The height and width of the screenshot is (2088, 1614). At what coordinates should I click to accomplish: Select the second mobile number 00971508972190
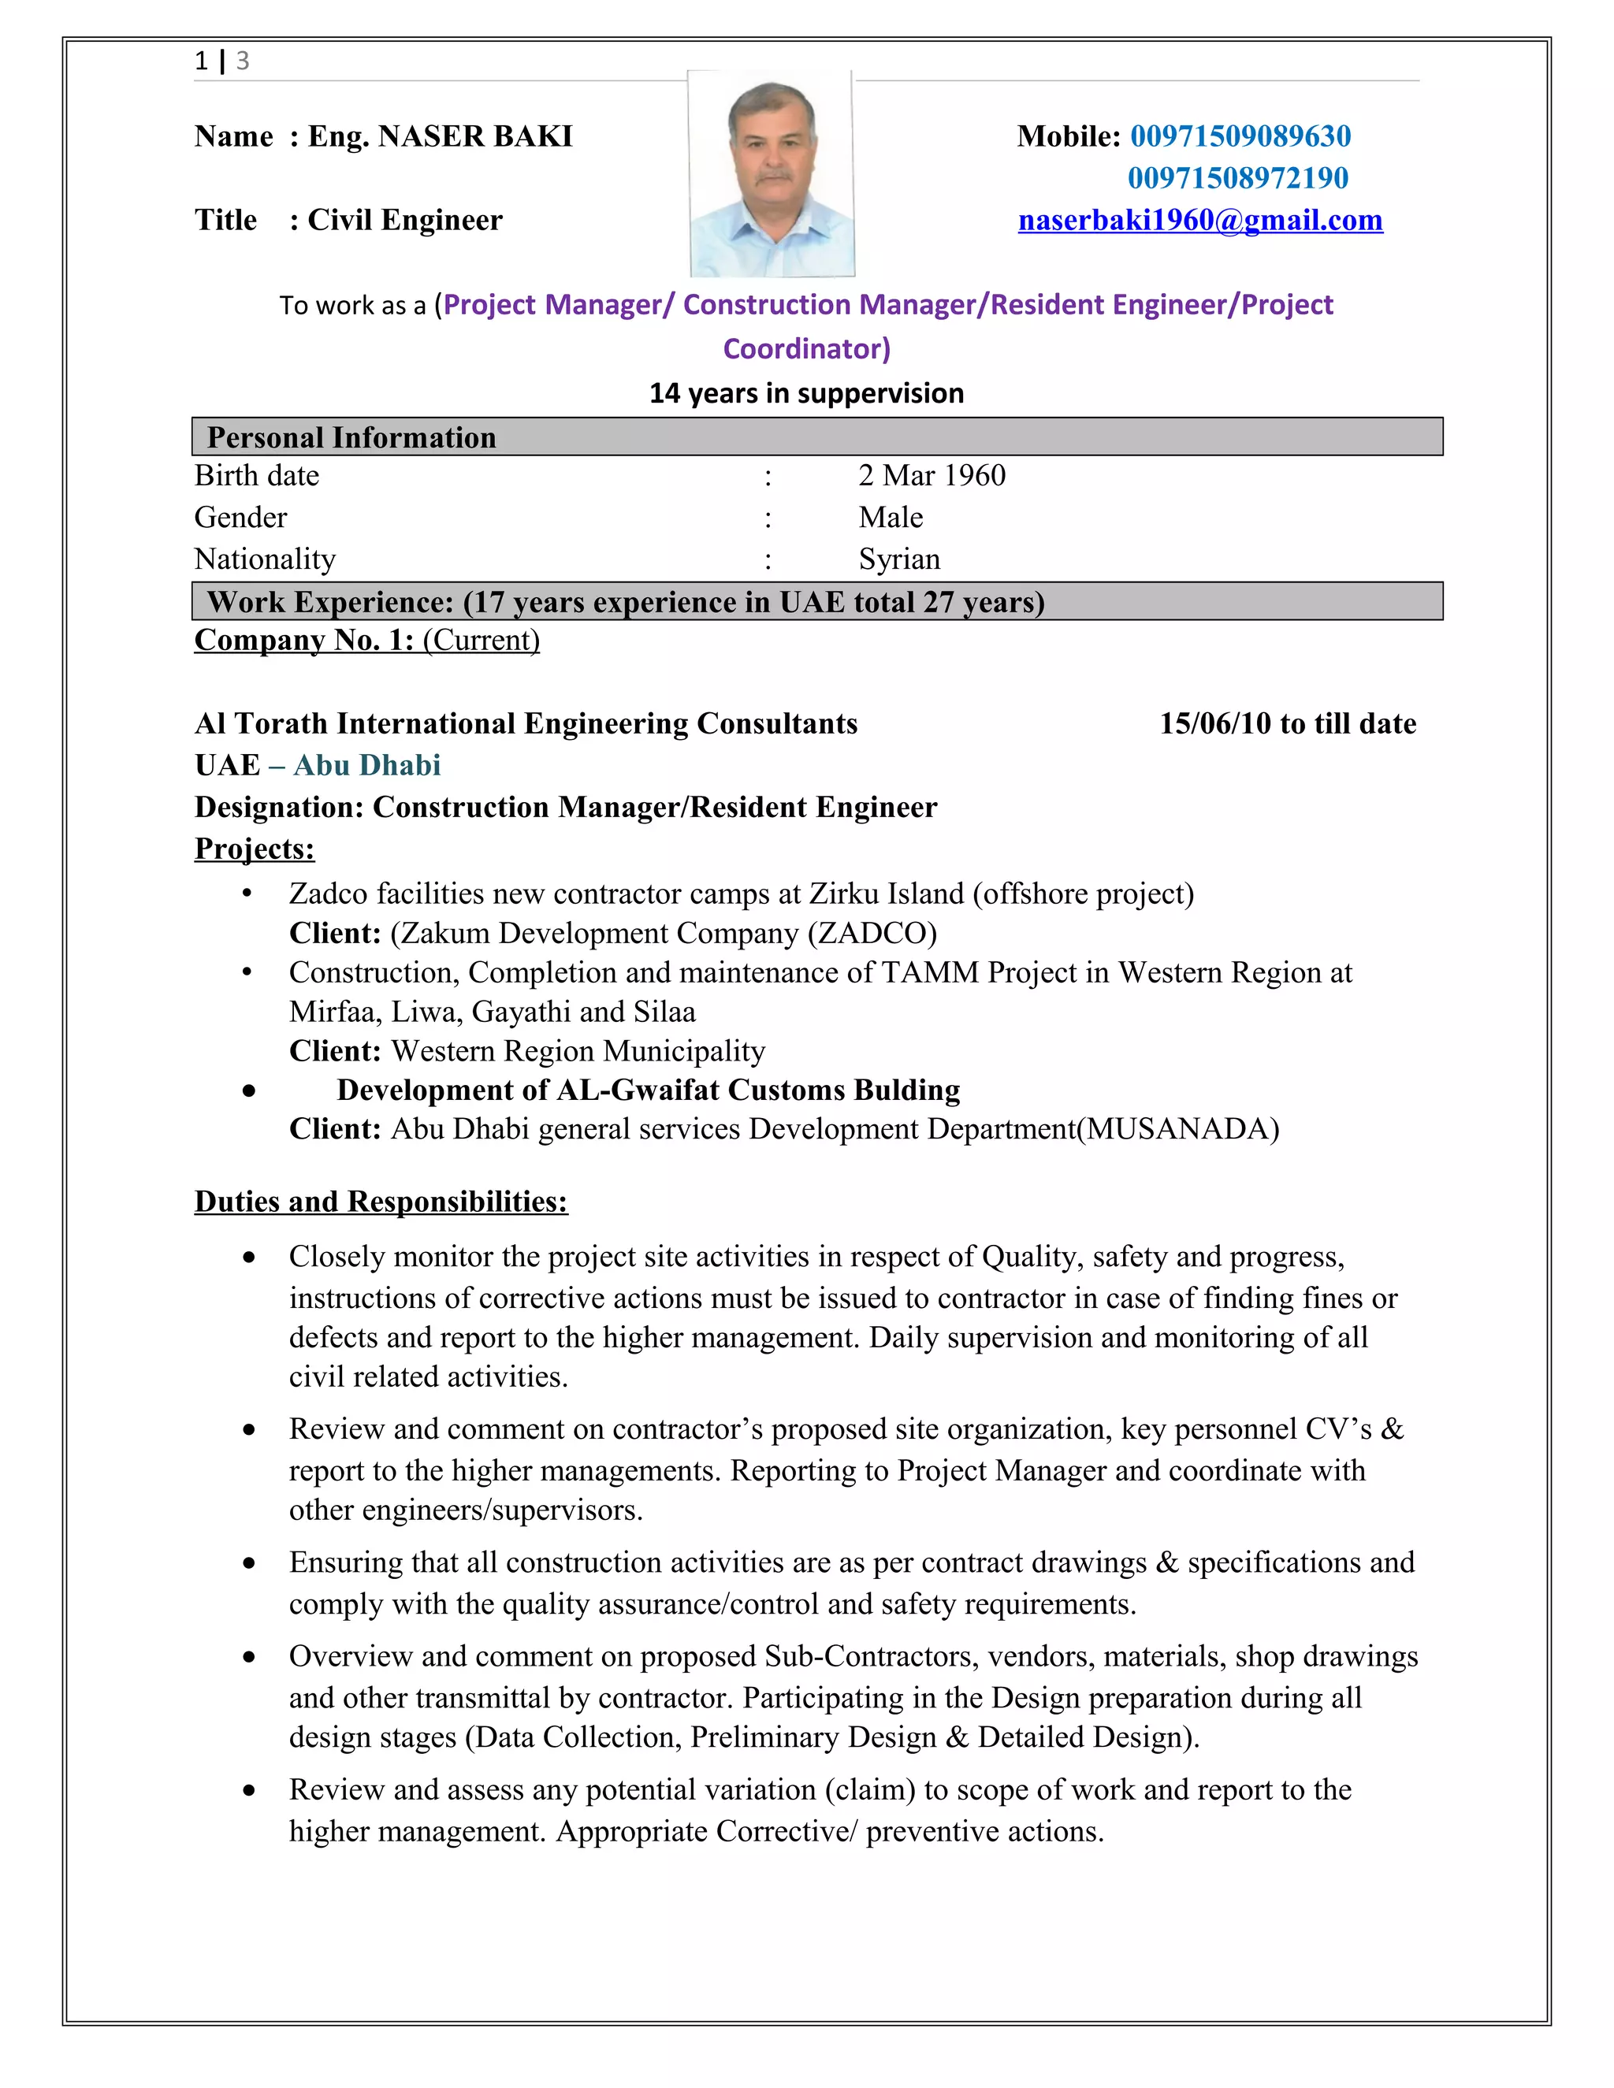[x=1237, y=178]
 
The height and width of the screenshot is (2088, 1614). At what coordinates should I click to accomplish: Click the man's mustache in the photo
[x=774, y=176]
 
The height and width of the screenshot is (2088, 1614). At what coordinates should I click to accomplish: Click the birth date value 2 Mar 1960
[x=932, y=475]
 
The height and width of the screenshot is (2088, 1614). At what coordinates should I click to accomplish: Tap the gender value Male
[x=891, y=517]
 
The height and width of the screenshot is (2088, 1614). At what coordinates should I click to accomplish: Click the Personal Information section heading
[x=351, y=437]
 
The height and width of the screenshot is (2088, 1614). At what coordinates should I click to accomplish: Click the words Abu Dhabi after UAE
[x=366, y=765]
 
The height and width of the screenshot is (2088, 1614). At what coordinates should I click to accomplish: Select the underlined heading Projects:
[x=255, y=848]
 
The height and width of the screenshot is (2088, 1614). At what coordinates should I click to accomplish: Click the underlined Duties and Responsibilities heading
[x=381, y=1201]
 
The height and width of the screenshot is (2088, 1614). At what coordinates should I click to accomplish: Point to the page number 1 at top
[x=201, y=61]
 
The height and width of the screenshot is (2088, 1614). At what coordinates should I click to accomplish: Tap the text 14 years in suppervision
[x=806, y=393]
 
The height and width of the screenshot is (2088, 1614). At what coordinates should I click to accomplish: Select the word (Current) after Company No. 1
[x=481, y=640]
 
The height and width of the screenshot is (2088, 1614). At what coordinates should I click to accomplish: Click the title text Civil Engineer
[x=404, y=220]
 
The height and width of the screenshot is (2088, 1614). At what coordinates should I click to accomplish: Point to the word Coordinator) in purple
[x=806, y=348]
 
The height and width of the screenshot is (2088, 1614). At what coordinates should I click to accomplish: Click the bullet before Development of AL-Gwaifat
[x=248, y=1090]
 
